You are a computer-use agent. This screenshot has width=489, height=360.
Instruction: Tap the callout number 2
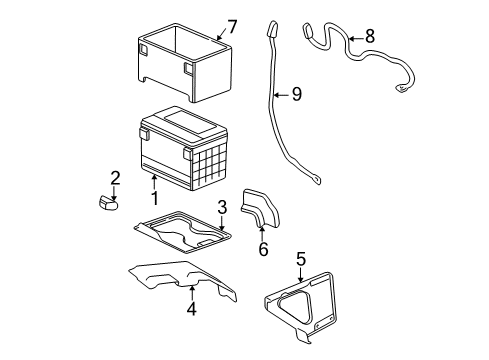coord(115,178)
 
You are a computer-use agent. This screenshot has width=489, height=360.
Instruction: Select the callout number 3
coord(223,207)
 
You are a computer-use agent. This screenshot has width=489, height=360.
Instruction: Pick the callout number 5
coord(301,260)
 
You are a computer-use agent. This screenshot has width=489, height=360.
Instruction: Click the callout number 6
coord(263,248)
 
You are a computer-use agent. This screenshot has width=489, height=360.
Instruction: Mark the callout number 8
coord(370,36)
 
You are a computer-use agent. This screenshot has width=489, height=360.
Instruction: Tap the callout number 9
coord(296,96)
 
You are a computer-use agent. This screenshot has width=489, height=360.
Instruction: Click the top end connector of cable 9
coord(272,29)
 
